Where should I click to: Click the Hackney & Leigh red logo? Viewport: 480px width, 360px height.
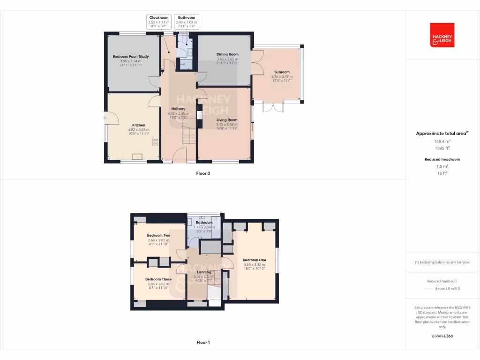tap(442, 35)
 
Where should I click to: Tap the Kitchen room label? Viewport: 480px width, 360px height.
tap(138, 125)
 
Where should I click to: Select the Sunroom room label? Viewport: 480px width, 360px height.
tap(282, 72)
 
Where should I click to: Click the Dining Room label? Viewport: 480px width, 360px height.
tap(227, 54)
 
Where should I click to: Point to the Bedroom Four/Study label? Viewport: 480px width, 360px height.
tap(131, 57)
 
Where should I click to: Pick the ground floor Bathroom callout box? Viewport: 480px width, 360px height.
tap(186, 22)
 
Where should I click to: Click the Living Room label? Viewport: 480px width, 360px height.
tap(226, 120)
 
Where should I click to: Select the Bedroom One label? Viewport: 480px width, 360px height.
tap(254, 260)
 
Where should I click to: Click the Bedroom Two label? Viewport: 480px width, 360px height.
tap(158, 235)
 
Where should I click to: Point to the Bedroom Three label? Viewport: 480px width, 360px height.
tap(158, 279)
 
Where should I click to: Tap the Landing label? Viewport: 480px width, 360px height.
tap(204, 272)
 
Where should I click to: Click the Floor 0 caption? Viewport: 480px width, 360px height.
tap(203, 173)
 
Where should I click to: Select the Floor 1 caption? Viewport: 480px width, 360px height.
tap(203, 343)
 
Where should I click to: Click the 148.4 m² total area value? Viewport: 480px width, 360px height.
tap(442, 141)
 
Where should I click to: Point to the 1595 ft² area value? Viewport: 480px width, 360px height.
tap(442, 148)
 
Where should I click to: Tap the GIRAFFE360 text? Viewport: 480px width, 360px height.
tap(442, 336)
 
